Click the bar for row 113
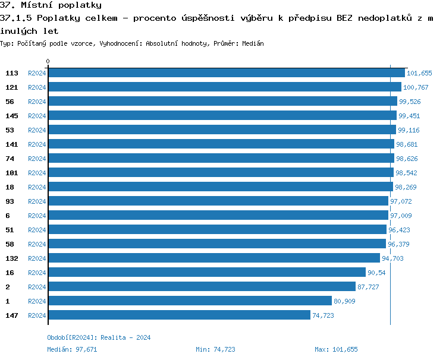pyautogui.click(x=226, y=72)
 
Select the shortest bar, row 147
pyautogui.click(x=179, y=315)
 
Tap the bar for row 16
pyautogui.click(x=206, y=272)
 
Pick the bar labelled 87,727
pyautogui.click(x=202, y=286)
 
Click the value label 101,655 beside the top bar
pyautogui.click(x=419, y=73)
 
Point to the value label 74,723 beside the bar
pyautogui.click(x=323, y=315)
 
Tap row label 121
pyautogui.click(x=11, y=87)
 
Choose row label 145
pyautogui.click(x=11, y=116)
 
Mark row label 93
pyautogui.click(x=10, y=201)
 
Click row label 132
pyautogui.click(x=11, y=258)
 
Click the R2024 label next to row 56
pyautogui.click(x=37, y=102)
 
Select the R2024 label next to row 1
pyautogui.click(x=37, y=301)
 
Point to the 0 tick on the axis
pyautogui.click(x=48, y=61)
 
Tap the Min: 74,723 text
pyautogui.click(x=215, y=349)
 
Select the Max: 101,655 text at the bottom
pyautogui.click(x=336, y=349)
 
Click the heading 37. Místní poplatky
pyautogui.click(x=51, y=5)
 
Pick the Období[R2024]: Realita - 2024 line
pyautogui.click(x=99, y=337)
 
